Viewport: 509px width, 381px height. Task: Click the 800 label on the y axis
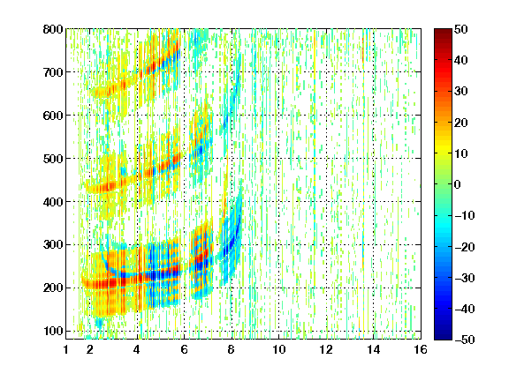coord(53,29)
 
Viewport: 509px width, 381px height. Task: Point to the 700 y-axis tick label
coord(53,72)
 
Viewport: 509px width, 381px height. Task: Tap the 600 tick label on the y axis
coord(53,116)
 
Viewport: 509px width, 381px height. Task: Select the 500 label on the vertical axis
coord(53,159)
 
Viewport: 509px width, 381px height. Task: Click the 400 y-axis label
coord(53,202)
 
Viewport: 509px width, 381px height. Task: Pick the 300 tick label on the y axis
coord(53,245)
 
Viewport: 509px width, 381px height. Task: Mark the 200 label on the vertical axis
coord(53,288)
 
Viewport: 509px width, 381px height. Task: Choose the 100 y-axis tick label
coord(53,331)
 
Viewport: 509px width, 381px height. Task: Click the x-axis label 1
coord(66,349)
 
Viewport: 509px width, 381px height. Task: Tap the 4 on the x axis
coord(137,349)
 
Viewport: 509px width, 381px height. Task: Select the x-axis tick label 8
coord(232,349)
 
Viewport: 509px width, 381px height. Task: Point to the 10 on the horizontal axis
coord(279,349)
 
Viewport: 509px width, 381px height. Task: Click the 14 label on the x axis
coord(374,349)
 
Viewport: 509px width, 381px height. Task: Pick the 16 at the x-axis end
coord(421,349)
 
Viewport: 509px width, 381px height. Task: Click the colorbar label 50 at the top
coord(461,29)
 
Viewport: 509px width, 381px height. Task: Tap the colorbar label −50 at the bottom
coord(465,340)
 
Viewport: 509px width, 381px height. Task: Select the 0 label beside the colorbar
coord(458,184)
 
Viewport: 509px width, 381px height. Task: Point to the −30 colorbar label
coord(465,278)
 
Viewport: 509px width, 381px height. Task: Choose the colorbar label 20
coord(461,123)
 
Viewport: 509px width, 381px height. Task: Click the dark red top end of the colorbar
coord(443,31)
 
